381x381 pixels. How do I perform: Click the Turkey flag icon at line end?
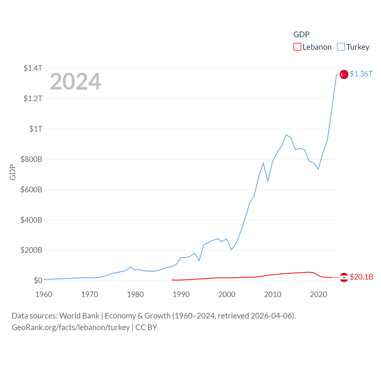pos(344,74)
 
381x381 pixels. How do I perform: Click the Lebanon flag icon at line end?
pos(344,277)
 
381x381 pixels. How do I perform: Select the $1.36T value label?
pos(361,74)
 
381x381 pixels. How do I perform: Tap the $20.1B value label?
pos(361,277)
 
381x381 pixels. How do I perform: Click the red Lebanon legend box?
pos(297,47)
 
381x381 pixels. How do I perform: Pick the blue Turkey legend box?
pos(341,47)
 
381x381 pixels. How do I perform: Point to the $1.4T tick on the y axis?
pos(33,68)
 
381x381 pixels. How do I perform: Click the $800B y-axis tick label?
pos(31,159)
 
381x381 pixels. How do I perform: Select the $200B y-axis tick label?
pos(31,250)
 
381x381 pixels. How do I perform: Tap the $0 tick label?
pos(38,280)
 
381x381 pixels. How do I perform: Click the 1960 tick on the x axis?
pos(44,294)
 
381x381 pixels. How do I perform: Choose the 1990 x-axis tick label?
pos(181,294)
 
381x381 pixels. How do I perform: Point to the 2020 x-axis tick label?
pos(318,294)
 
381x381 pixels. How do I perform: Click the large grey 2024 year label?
pos(75,82)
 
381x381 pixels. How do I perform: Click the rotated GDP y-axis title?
pos(13,172)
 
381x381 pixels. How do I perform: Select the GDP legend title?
pos(301,35)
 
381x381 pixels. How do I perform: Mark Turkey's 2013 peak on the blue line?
pos(286,135)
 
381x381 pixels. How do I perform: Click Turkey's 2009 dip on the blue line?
pos(268,181)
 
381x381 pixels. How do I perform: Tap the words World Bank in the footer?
pos(79,316)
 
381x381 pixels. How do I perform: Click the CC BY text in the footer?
pos(146,327)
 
